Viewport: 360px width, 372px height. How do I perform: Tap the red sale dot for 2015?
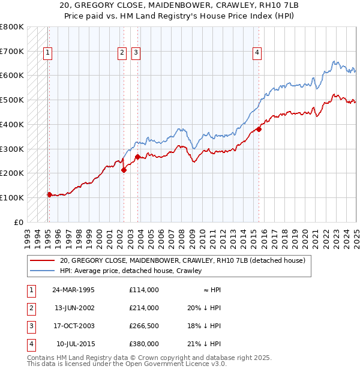pyautogui.click(x=259, y=129)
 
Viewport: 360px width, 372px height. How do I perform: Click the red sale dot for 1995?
pyautogui.click(x=49, y=194)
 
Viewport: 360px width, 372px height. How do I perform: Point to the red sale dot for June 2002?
pyautogui.click(x=124, y=170)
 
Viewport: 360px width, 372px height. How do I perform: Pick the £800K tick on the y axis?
pyautogui.click(x=12, y=27)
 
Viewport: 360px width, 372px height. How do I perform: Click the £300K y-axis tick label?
pyautogui.click(x=12, y=149)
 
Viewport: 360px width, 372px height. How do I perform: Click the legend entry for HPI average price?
pyautogui.click(x=131, y=271)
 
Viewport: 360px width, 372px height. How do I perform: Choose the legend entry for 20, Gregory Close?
pyautogui.click(x=182, y=261)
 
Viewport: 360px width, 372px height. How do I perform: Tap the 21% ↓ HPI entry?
pyautogui.click(x=203, y=344)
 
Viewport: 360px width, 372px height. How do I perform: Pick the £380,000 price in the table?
pyautogui.click(x=143, y=344)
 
